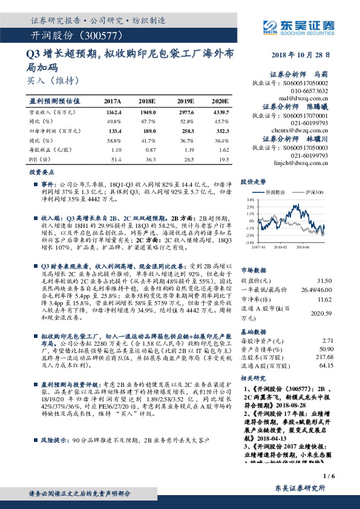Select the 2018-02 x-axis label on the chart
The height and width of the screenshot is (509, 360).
tap(281, 246)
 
